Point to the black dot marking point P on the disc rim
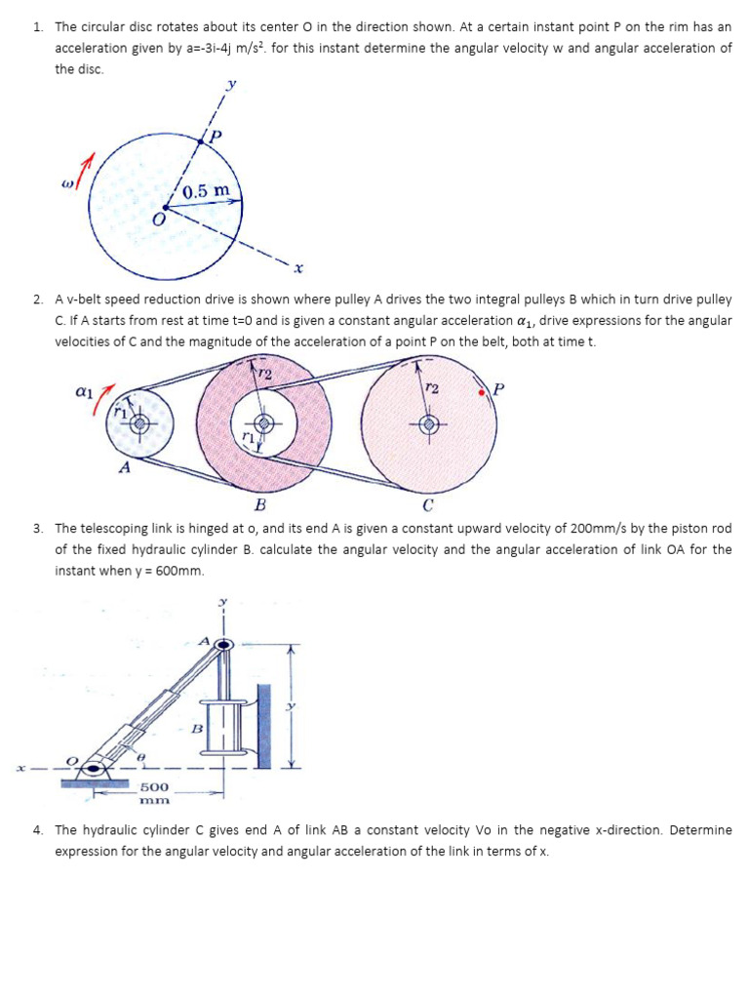[x=202, y=140]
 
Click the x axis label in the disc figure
[x=298, y=266]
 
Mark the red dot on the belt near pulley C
[x=482, y=392]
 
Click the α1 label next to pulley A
[x=84, y=391]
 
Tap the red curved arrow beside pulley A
[x=101, y=400]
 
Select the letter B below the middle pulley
[x=259, y=504]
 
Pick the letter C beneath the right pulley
[x=427, y=504]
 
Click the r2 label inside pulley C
[x=431, y=387]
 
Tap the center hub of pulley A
[x=140, y=423]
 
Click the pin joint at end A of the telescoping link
[x=224, y=644]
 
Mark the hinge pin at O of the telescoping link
[x=93, y=767]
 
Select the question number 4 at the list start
[x=37, y=830]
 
